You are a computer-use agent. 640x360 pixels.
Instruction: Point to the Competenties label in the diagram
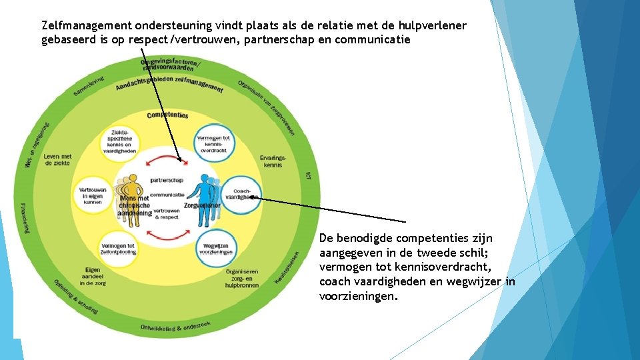click(167, 115)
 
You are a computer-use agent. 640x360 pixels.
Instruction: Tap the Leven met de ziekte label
click(58, 160)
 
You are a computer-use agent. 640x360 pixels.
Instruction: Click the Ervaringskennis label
click(273, 161)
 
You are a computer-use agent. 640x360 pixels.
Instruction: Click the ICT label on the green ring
click(308, 175)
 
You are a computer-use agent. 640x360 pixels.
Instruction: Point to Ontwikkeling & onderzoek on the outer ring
click(175, 327)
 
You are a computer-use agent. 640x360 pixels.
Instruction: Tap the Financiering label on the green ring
click(25, 217)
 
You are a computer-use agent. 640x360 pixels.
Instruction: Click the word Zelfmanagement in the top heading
click(86, 26)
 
